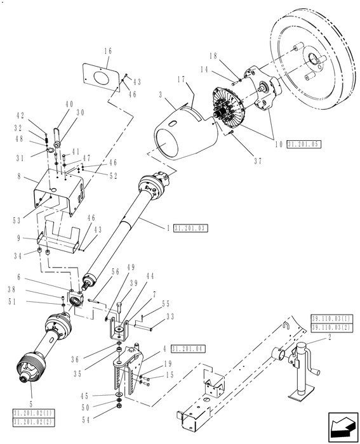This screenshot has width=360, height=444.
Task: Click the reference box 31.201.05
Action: click(303, 144)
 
